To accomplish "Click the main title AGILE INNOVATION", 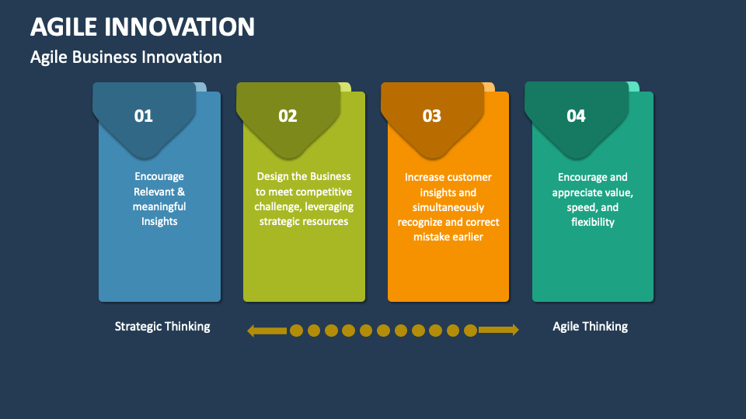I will coord(142,26).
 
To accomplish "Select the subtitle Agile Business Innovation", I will coord(126,57).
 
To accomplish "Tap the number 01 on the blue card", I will coord(144,116).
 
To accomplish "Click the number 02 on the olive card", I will coord(288,116).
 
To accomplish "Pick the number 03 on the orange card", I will coord(432,116).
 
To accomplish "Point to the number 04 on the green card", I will coord(576,116).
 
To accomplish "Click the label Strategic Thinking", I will coord(162,327).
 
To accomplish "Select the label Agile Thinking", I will coord(590,327).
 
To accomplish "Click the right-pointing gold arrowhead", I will coord(514,331).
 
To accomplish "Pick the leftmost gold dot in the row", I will coord(296,331).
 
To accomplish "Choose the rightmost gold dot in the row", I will coord(470,331).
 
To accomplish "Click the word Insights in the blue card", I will coord(159,222).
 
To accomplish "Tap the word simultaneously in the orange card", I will coord(448,207).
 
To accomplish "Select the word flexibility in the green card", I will coord(592,222).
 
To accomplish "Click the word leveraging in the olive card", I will coord(328,206).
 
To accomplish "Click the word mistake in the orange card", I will coord(433,237).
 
